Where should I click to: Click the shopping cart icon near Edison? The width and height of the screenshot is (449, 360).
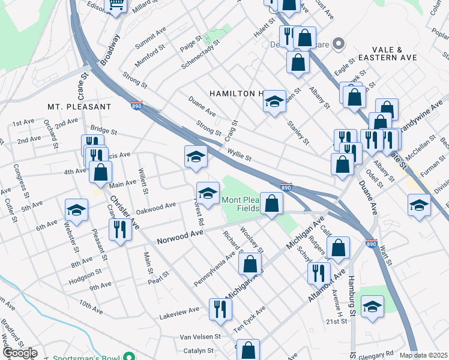116,5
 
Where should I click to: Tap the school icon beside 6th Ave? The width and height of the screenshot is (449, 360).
76,210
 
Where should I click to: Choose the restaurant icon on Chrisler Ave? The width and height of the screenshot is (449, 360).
120,230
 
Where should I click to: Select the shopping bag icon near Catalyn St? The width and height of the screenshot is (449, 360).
248,349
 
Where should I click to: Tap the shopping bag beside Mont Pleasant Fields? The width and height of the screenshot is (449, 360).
272,204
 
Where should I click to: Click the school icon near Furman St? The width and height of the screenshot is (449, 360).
419,205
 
